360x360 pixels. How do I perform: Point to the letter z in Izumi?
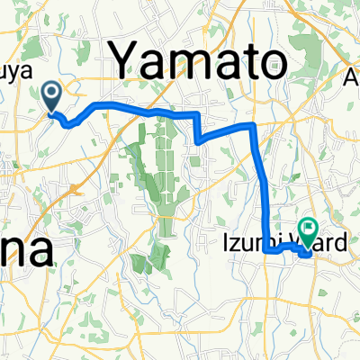(x=237, y=242)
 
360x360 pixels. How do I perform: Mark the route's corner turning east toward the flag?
(x=267, y=253)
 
